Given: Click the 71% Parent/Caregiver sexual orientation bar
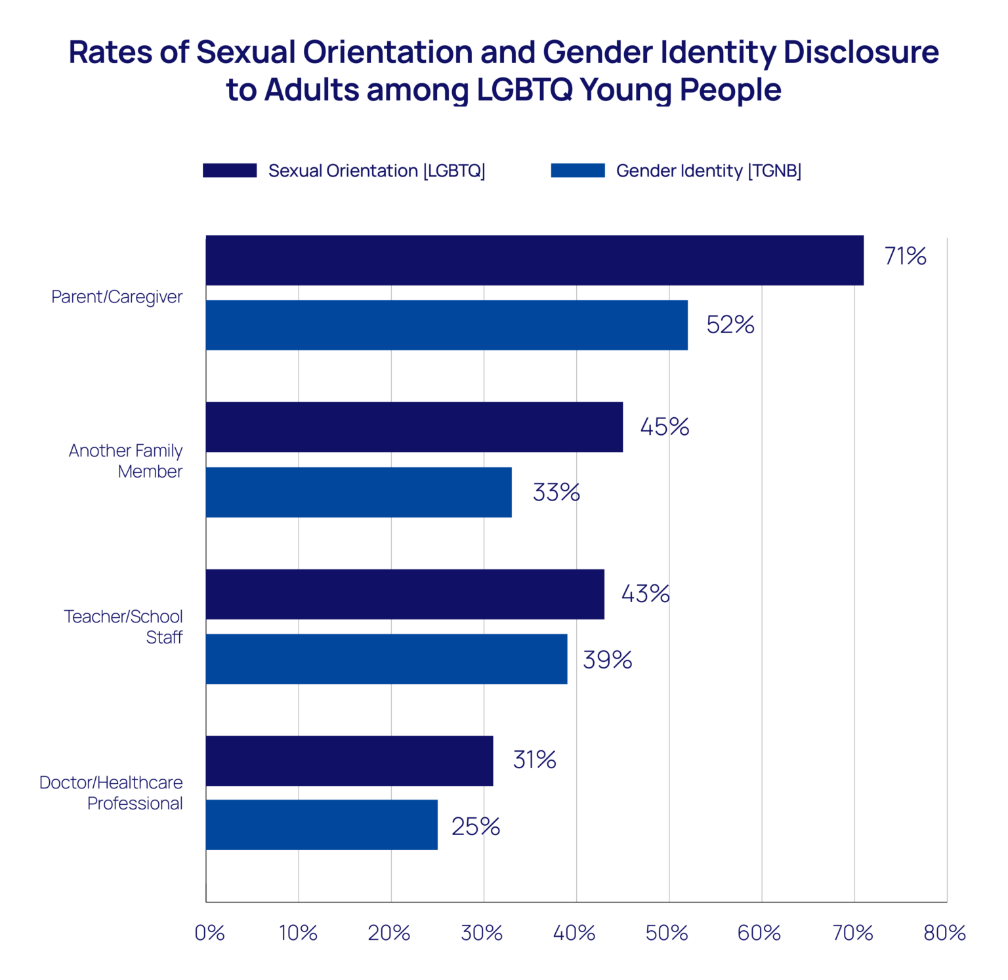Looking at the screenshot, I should click(534, 260).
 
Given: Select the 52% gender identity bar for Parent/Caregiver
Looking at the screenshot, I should click(446, 325).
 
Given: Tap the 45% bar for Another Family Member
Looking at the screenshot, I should click(414, 427).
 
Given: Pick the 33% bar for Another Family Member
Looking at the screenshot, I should click(358, 492).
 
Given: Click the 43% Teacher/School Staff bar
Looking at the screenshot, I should click(405, 594).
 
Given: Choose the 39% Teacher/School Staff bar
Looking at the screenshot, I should click(387, 659).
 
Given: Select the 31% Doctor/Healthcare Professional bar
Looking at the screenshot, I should click(349, 761).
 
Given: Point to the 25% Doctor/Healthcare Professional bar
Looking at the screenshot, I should click(322, 825).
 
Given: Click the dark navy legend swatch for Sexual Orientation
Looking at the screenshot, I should click(230, 171).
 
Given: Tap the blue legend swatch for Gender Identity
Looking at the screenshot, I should click(577, 171).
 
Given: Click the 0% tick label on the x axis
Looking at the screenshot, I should click(209, 933).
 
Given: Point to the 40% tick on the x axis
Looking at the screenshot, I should click(574, 933).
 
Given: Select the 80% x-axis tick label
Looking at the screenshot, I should click(944, 933).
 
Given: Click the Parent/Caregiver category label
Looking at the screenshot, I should click(117, 297).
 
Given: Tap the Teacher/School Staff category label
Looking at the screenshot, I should click(123, 626).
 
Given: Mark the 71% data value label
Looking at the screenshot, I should click(905, 256).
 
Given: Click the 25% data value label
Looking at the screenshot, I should click(476, 827).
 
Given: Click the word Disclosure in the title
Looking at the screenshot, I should click(861, 52).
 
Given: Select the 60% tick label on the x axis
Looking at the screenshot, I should click(759, 933).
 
